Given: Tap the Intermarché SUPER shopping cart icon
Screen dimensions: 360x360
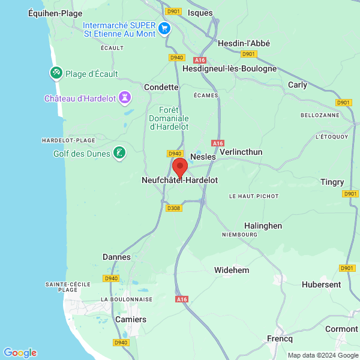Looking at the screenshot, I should pos(164,28).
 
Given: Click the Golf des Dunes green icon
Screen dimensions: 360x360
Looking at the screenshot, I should pos(120,153).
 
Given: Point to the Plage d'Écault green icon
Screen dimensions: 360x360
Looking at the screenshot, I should pos(56,73).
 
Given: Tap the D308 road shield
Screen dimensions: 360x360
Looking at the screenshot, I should pos(173,208).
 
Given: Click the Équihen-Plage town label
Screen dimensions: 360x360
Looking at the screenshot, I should pos(55,13).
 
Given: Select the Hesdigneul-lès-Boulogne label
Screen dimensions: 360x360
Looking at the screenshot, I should pos(230,68).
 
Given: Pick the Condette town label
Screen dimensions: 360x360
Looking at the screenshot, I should pos(161,87).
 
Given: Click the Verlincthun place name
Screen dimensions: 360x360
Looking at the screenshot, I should pos(241,152).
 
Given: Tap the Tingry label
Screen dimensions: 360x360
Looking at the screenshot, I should pos(332,182).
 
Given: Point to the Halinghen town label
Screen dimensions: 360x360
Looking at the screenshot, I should pos(263,226).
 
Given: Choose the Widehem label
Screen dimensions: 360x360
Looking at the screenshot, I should pos(232,270).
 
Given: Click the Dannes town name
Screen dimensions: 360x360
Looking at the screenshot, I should pos(116,257).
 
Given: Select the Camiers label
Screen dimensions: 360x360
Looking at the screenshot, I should pos(131,319).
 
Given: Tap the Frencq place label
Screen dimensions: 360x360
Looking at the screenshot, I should pos(280,338).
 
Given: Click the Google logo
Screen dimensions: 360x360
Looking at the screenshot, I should pos(20,353).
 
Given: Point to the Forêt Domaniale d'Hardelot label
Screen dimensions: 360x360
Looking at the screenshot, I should pos(169,118).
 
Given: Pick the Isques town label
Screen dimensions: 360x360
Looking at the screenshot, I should pos(200,12).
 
